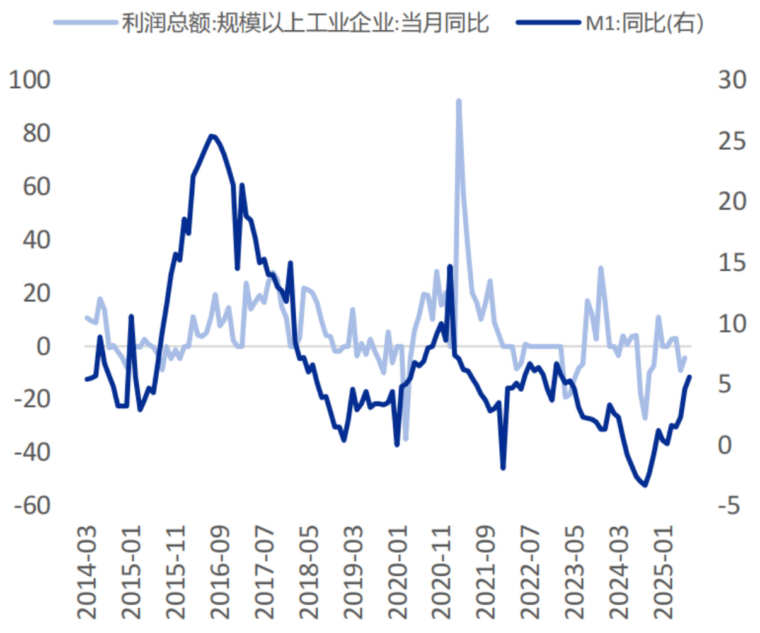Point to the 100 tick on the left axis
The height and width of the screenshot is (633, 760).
tap(29, 80)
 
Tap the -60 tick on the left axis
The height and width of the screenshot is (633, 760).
tap(29, 505)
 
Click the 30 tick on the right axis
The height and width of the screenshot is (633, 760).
tap(732, 80)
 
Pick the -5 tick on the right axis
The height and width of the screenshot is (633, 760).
tap(732, 505)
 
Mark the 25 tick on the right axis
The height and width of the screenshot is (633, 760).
tap(732, 140)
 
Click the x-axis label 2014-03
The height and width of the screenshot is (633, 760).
tap(88, 574)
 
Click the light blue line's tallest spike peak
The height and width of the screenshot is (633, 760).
tap(459, 101)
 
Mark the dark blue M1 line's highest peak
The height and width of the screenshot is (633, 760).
tap(212, 135)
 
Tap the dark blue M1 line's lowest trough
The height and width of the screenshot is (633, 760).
tap(645, 485)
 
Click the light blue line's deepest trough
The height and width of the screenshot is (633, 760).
tap(406, 439)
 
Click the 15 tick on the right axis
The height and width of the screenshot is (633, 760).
tap(732, 262)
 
